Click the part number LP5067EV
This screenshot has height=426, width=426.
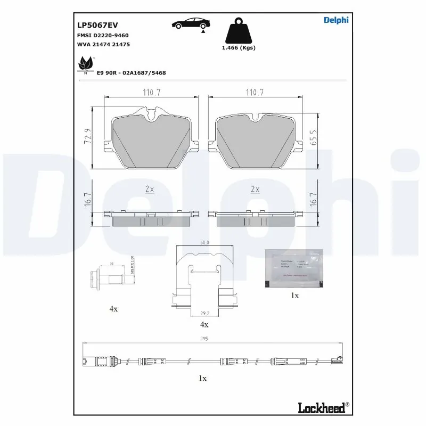tap(97, 25)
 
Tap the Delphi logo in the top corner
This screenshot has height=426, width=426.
tap(335, 20)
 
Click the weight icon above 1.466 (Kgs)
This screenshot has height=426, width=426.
tap(238, 32)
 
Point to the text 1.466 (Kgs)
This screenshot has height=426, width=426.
tap(238, 48)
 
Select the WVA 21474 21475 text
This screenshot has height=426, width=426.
tap(103, 45)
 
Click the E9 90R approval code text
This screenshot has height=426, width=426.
tap(131, 72)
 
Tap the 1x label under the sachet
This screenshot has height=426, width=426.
tap(294, 295)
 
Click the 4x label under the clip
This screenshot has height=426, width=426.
tap(204, 324)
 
